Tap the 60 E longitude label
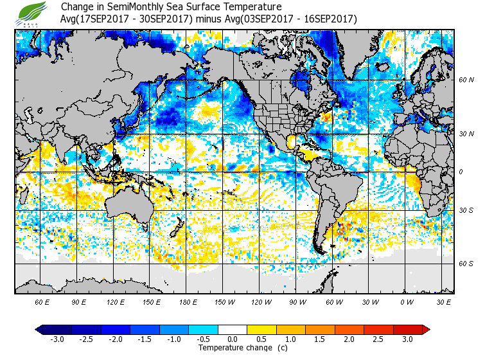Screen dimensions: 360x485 pyautogui.click(x=42, y=302)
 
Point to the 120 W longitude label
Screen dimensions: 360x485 pyautogui.click(x=261, y=302)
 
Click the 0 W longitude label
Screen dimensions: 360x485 pyautogui.click(x=407, y=302)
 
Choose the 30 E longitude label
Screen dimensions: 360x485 pyautogui.click(x=443, y=302)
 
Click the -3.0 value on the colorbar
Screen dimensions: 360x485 pyautogui.click(x=57, y=339)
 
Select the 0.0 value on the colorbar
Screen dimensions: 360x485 pyautogui.click(x=233, y=339)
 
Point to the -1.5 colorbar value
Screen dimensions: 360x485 pyautogui.click(x=145, y=339)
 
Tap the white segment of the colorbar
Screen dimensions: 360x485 pyautogui.click(x=233, y=330)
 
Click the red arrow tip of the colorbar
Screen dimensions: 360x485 pyautogui.click(x=426, y=330)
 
